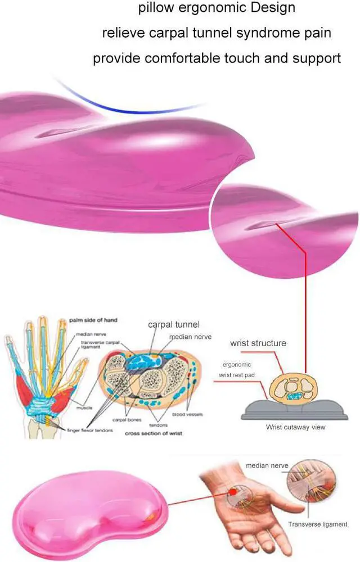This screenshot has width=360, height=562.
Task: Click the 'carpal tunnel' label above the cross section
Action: pos(174,324)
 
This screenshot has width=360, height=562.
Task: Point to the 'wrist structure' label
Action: pos(258,343)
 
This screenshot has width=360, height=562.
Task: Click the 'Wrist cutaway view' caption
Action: pos(295,427)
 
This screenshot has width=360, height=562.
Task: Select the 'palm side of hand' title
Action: pos(93,320)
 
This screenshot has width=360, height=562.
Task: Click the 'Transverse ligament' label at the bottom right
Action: pos(317,524)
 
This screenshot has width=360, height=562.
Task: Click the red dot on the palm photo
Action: pos(231,492)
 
